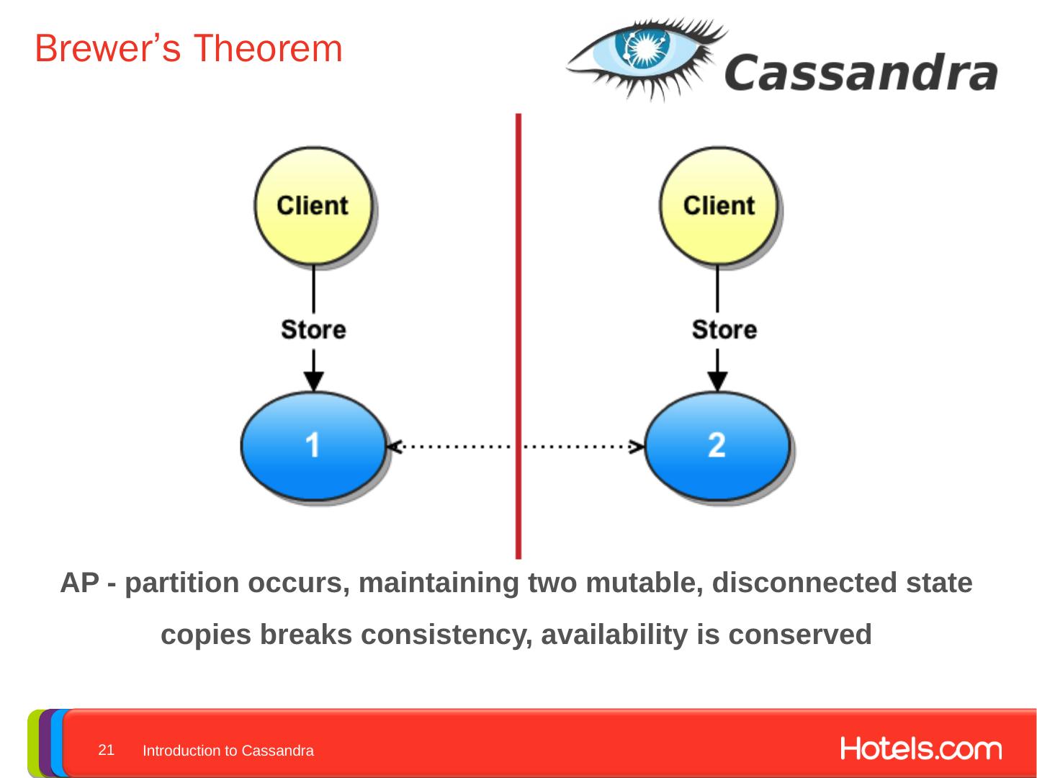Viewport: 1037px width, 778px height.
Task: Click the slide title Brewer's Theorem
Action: click(188, 49)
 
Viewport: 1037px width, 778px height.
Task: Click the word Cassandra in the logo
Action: click(861, 73)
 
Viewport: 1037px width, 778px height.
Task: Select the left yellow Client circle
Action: click(313, 205)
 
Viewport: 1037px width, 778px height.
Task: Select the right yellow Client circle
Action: click(718, 205)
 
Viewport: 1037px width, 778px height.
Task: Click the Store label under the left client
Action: click(313, 329)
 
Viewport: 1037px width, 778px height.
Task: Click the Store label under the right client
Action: click(724, 329)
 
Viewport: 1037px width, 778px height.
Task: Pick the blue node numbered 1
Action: click(313, 445)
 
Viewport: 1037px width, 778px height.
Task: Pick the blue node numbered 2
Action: click(717, 445)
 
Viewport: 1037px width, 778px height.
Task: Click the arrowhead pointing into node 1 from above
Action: click(313, 381)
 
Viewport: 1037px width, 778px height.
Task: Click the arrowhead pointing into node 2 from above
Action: click(717, 381)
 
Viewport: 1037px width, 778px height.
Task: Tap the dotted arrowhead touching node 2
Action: click(637, 447)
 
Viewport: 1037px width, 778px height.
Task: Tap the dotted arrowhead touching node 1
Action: click(393, 447)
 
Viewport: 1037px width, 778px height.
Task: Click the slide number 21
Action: click(106, 750)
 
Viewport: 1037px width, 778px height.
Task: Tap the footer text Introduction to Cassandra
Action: click(228, 751)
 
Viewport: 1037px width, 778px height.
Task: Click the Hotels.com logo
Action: click(920, 749)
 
